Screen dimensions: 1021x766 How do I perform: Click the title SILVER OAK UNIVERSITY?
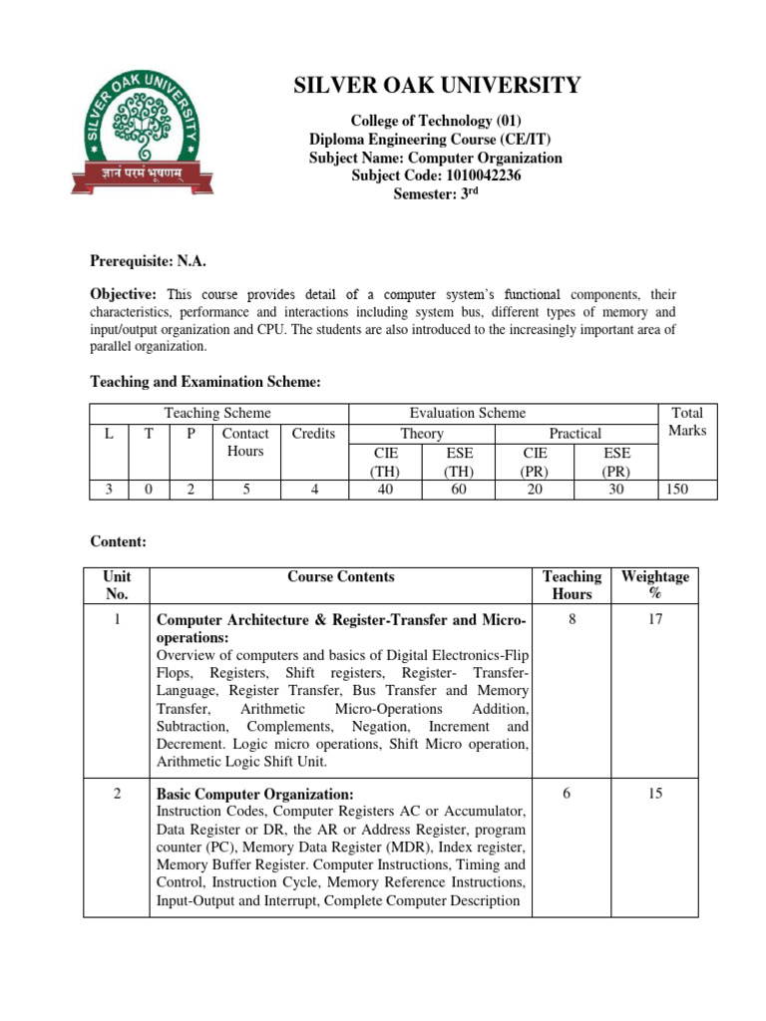436,86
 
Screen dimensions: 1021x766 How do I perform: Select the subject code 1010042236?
436,175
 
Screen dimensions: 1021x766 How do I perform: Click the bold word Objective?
125,294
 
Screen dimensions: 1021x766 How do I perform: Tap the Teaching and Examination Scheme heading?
204,381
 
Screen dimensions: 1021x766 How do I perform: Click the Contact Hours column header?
245,442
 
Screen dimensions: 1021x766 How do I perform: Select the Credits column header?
313,433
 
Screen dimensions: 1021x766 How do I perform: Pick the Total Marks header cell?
687,422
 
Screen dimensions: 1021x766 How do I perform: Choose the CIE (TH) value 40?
385,490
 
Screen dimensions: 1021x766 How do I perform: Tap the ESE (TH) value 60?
458,490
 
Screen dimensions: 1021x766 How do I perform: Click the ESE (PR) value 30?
614,490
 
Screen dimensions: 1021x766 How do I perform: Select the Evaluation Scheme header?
468,413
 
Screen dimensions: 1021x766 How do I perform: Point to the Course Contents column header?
340,576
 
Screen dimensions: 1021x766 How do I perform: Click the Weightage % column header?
654,585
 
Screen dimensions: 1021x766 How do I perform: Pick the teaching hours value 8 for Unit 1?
572,621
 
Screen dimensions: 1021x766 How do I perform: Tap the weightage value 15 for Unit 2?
654,795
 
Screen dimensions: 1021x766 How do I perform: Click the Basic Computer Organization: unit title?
254,795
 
